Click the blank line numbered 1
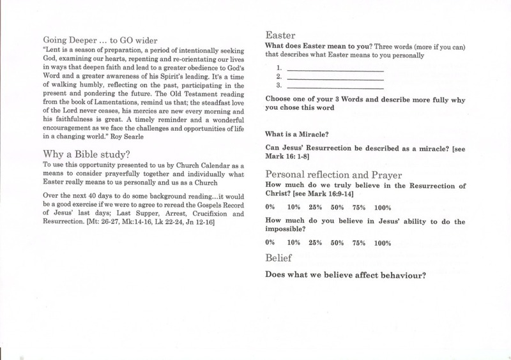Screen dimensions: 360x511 [335, 68]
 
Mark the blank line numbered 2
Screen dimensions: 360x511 [335, 77]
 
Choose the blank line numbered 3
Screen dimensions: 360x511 [335, 86]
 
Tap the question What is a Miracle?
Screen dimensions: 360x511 [298, 134]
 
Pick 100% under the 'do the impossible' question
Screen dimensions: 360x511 [382, 243]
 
